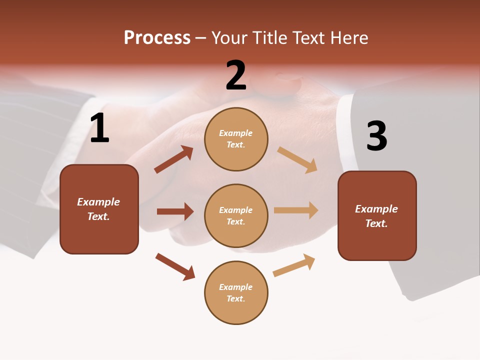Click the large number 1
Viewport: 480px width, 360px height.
pos(99,128)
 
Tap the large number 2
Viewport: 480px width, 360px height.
pos(236,75)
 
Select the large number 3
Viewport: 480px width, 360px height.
pos(376,136)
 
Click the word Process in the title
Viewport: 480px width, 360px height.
pos(157,38)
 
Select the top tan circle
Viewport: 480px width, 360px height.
pos(236,139)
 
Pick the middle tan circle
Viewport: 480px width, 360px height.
pos(236,215)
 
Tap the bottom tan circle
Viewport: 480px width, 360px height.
pos(236,292)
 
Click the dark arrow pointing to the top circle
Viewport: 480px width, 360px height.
pos(174,159)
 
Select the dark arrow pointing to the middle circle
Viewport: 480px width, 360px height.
pos(175,211)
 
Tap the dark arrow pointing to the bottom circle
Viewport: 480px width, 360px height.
pos(175,266)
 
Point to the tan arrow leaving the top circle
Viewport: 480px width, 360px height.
pos(297,159)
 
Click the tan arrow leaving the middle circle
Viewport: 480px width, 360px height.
pos(296,210)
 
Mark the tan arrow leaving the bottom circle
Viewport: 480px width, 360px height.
pos(294,265)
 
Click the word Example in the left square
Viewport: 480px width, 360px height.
pos(98,202)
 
